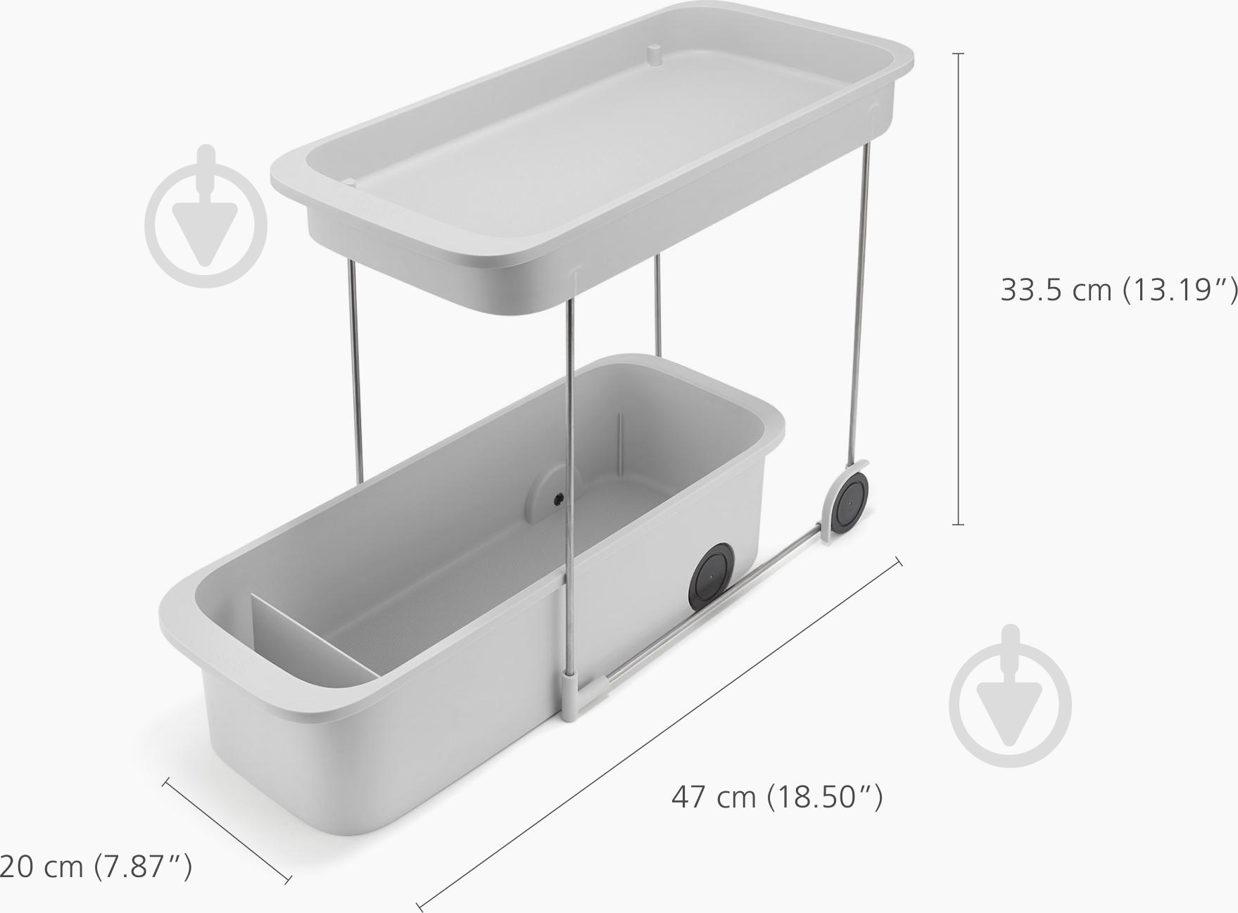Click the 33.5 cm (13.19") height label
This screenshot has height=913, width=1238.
click(1118, 289)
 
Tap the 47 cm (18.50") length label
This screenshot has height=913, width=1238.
click(777, 797)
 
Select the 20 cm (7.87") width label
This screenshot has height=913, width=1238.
click(95, 866)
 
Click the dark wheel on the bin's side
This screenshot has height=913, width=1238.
click(712, 577)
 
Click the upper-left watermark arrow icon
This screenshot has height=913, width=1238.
click(206, 217)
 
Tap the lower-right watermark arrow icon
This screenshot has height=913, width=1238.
click(1011, 695)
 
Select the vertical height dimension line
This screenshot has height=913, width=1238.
click(958, 288)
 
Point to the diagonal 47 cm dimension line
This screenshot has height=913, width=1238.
click(659, 732)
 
